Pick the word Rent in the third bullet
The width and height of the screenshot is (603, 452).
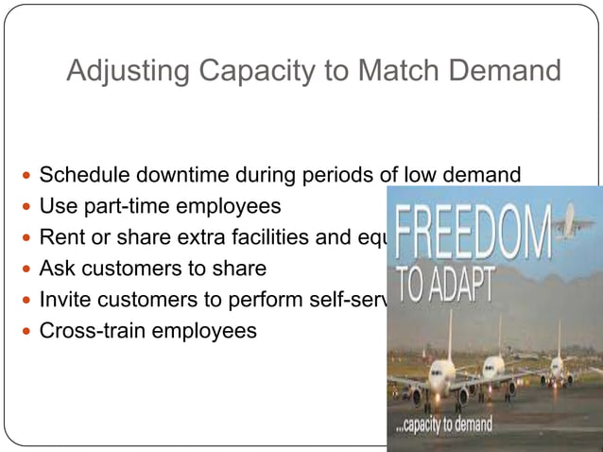coord(59,237)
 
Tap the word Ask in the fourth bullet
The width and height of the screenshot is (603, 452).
coord(57,269)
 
